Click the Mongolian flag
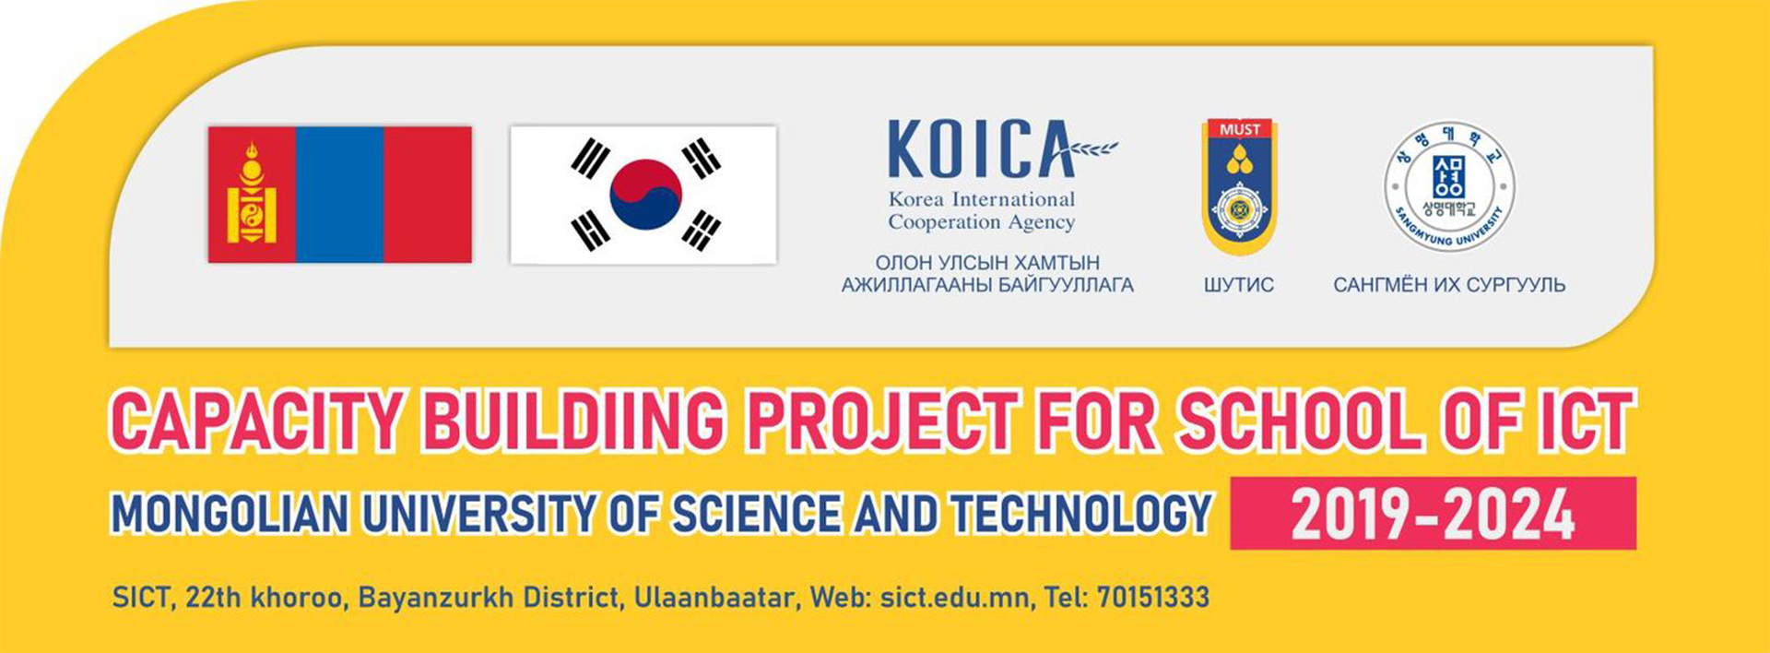click(x=339, y=195)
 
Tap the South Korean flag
click(x=643, y=195)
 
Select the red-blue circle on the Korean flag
click(x=646, y=195)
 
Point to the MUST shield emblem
click(x=1240, y=188)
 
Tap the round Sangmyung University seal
click(x=1449, y=187)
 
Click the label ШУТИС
click(x=1238, y=285)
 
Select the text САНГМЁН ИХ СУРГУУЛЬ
click(x=1449, y=285)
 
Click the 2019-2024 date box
click(x=1433, y=513)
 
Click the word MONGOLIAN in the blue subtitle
click(x=230, y=515)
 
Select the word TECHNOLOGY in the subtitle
click(x=1081, y=515)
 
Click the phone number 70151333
click(x=1152, y=598)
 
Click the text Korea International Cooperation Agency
click(x=982, y=210)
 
